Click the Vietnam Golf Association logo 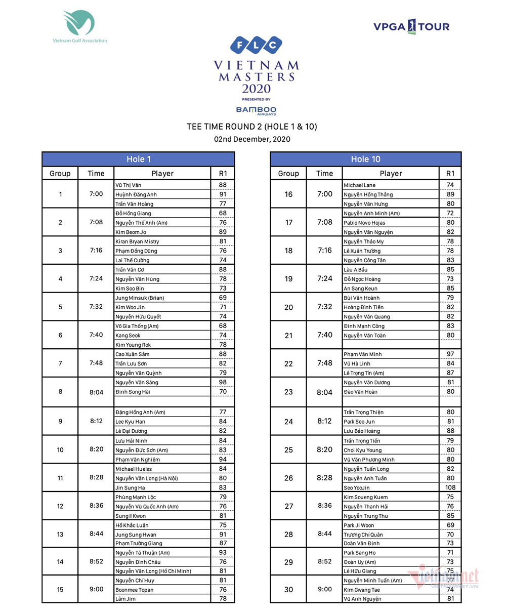tap(79, 26)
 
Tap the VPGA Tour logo tap(411, 26)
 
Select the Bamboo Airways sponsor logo tap(256, 110)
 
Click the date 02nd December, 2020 tap(252, 139)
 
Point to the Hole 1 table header tap(138, 159)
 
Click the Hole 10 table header tap(365, 159)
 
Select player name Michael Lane tap(360, 185)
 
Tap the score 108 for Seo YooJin tap(450, 487)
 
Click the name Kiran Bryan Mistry tap(137, 241)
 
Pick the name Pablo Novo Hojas tap(364, 223)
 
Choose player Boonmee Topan tap(135, 590)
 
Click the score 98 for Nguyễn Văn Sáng tap(223, 382)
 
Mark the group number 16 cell tap(288, 194)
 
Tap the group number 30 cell tap(288, 589)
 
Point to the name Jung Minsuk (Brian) tap(140, 298)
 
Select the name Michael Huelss tap(134, 469)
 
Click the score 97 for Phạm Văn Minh tap(450, 354)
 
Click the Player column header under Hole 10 tap(391, 173)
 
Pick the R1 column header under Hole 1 tap(223, 173)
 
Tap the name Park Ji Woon tap(359, 525)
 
